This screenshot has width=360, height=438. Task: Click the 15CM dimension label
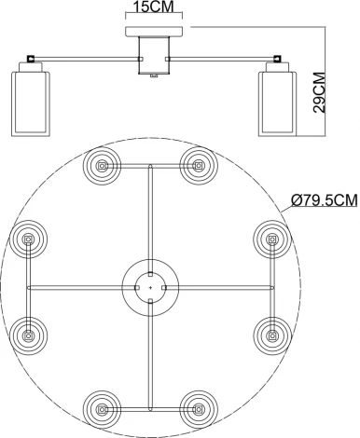pyautogui.click(x=150, y=8)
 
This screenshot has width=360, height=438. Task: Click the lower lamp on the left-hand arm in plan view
pyautogui.click(x=30, y=332)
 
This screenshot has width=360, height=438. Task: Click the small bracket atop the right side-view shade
pyautogui.click(x=276, y=62)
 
